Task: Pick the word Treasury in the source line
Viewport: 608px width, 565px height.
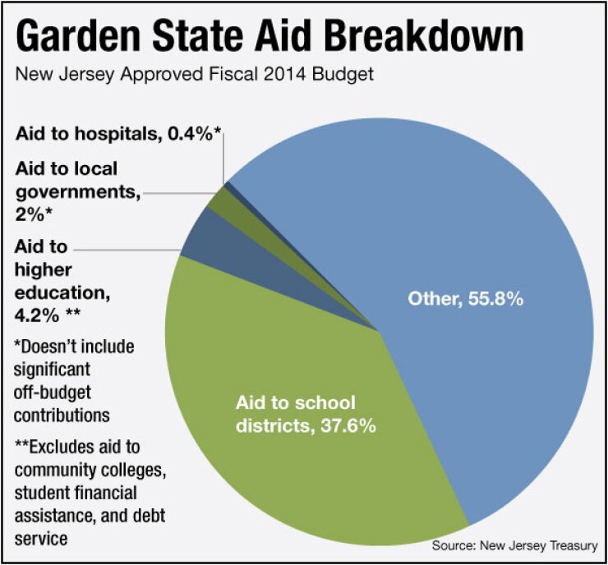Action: point(570,545)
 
